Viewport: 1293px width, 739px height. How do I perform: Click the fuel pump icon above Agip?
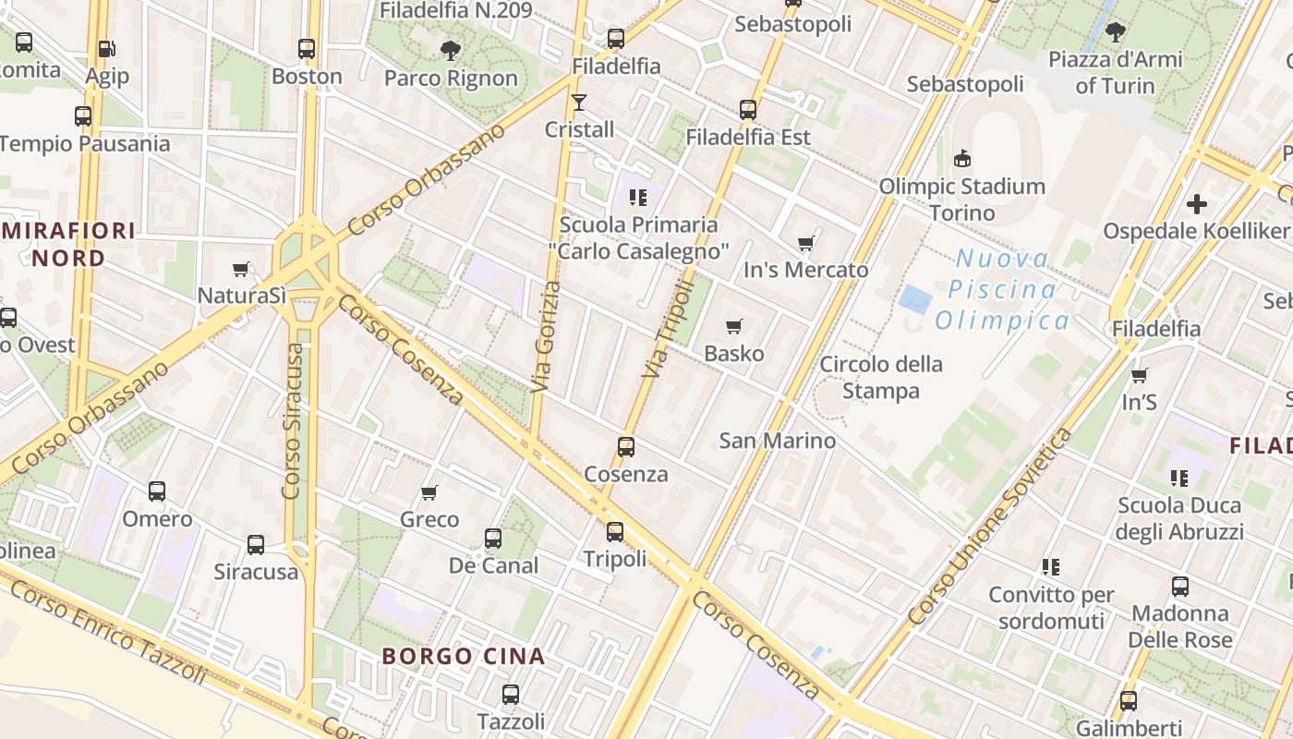(106, 48)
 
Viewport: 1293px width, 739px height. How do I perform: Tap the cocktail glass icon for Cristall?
(579, 102)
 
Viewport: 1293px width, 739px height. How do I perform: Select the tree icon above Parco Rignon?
(451, 51)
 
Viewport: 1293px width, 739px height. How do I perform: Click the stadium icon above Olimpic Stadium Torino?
(962, 158)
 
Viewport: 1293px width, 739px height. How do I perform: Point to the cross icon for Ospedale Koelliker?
(1197, 203)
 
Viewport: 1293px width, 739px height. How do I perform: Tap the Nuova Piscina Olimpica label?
(1002, 290)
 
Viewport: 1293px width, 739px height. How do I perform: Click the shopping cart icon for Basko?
(734, 326)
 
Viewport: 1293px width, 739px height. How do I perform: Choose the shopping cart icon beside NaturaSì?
(241, 269)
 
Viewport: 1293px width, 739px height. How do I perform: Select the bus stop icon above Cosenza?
(626, 447)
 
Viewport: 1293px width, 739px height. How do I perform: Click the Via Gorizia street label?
(546, 337)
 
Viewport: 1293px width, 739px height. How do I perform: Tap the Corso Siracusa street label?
(293, 421)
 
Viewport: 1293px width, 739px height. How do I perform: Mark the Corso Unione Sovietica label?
(990, 525)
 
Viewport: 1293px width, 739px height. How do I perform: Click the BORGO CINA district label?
(464, 657)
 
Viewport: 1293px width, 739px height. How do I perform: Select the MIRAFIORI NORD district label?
(68, 244)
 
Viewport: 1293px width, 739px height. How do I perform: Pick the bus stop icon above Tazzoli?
(511, 695)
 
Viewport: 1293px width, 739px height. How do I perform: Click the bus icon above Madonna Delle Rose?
(1180, 587)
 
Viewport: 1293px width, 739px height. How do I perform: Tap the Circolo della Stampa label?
(880, 377)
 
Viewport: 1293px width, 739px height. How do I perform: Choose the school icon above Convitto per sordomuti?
(1050, 566)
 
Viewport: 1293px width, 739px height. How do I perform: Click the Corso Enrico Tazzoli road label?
(109, 632)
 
